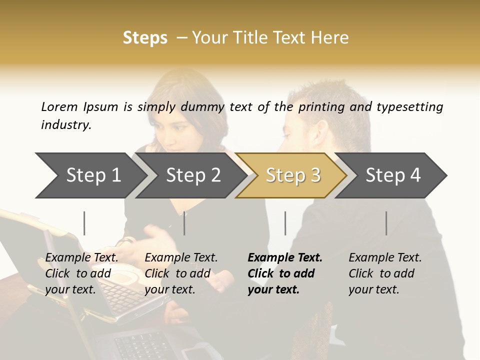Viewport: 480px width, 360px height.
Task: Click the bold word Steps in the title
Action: [145, 37]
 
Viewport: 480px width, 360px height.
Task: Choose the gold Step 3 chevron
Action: [293, 175]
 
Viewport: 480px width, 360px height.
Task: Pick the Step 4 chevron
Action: [393, 175]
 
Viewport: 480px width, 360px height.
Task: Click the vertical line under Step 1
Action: [84, 223]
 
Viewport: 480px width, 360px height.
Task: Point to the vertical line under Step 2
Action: [184, 223]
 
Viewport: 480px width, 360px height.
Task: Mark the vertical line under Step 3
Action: [285, 223]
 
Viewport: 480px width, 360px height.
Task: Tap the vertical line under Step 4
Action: [386, 223]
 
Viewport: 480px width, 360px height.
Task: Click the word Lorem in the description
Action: [59, 106]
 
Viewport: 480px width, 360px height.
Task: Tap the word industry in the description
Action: [66, 124]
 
